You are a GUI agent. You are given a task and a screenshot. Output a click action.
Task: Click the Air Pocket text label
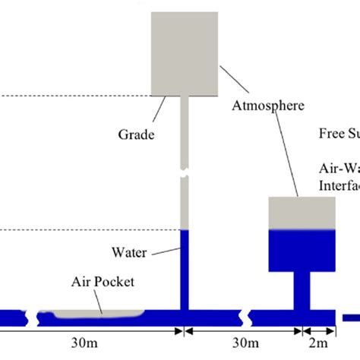point(103,282)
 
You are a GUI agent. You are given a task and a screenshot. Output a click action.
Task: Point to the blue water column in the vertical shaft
point(183,270)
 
